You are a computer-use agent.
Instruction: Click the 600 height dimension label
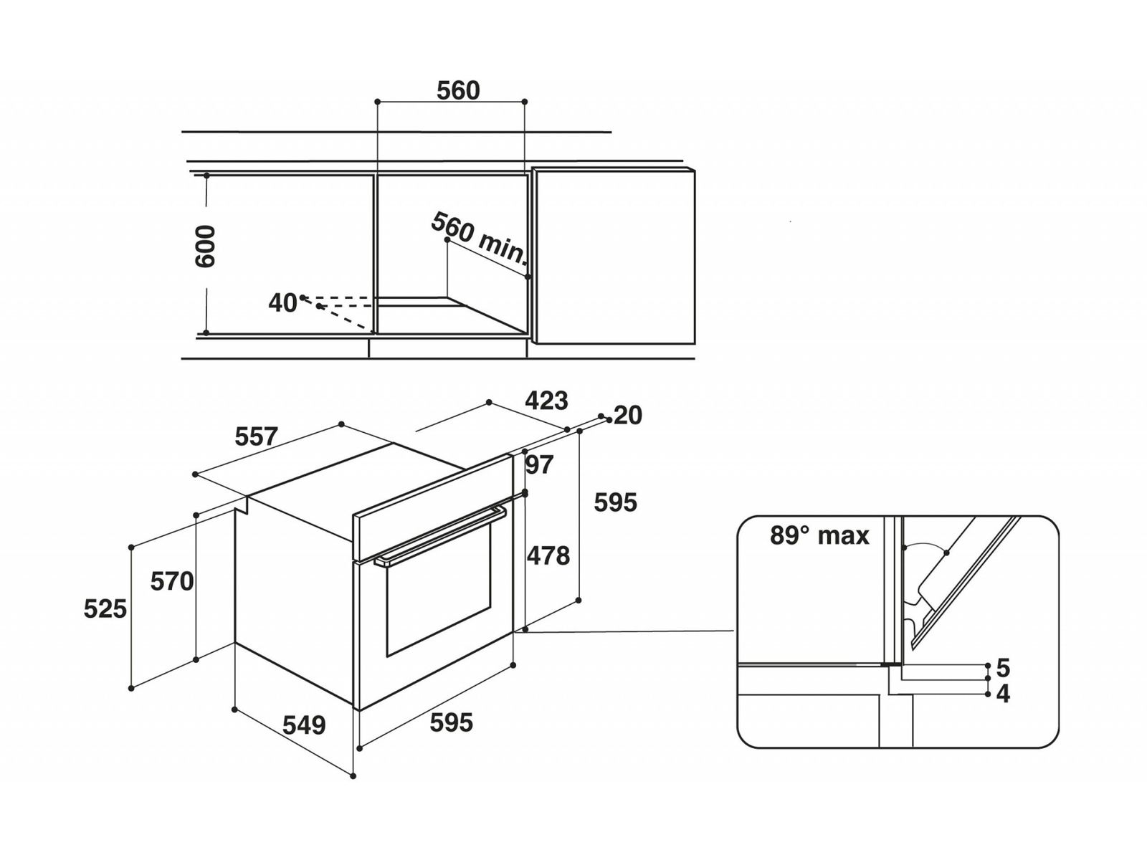tap(204, 246)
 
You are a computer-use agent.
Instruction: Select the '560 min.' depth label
tap(478, 238)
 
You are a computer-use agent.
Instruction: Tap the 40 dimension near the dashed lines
tap(282, 303)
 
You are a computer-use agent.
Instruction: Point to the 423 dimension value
tap(546, 401)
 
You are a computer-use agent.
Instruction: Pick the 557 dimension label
tap(256, 436)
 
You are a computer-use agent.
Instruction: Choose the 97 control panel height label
tap(539, 464)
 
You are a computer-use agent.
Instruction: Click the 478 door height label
tap(548, 555)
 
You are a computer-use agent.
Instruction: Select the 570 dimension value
tap(172, 581)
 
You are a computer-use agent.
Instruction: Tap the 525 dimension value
tap(105, 609)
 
